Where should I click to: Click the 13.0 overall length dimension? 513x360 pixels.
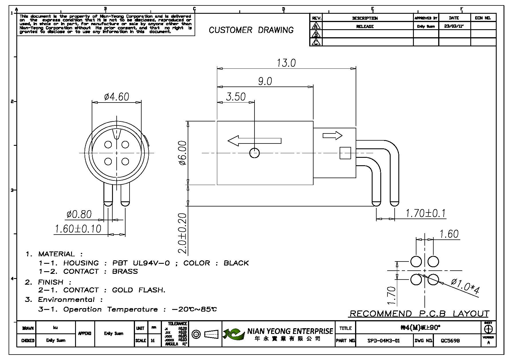point(286,63)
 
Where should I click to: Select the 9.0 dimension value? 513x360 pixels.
point(265,81)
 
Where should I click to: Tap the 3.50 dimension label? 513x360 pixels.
point(236,97)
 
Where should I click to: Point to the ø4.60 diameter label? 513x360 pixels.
point(117,97)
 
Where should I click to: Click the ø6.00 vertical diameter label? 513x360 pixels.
point(183,153)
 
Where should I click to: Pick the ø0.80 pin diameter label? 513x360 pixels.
point(79,214)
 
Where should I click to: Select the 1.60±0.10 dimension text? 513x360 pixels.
point(78,229)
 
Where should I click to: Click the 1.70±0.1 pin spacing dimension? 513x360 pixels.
point(426,213)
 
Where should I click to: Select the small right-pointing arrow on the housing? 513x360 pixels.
point(332,135)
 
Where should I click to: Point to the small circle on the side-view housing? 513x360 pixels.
point(254,153)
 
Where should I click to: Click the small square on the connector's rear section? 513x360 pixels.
point(345,153)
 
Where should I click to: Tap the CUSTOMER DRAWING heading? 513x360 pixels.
point(251,30)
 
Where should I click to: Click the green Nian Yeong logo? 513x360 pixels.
point(234,334)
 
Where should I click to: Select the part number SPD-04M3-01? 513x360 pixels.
point(383,341)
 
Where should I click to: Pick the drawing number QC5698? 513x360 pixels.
point(450,341)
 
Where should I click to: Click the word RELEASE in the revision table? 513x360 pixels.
point(365,26)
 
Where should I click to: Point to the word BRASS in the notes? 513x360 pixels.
point(125,271)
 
